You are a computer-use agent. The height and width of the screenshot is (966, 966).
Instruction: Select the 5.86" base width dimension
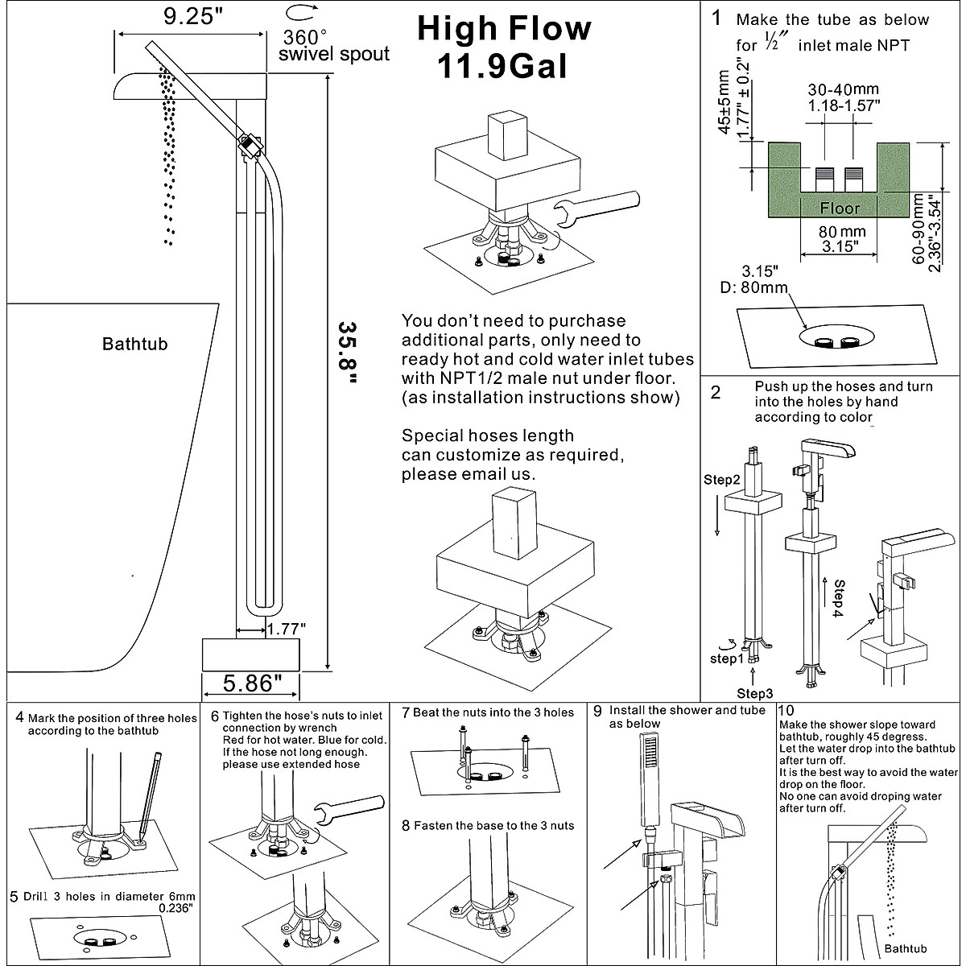[252, 683]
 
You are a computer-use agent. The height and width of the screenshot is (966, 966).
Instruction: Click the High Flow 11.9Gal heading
[503, 48]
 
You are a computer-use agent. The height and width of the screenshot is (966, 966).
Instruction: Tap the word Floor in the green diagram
[840, 208]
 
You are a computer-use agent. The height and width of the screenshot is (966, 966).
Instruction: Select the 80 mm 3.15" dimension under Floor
[839, 238]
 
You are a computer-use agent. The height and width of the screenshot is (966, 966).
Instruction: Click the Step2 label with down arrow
[722, 481]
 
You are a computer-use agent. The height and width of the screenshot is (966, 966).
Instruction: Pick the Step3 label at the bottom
[755, 693]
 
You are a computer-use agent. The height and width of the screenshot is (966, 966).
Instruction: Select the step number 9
[597, 711]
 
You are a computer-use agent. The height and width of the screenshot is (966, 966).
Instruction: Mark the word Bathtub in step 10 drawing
[906, 949]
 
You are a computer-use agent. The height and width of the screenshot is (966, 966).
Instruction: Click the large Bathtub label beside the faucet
[135, 345]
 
